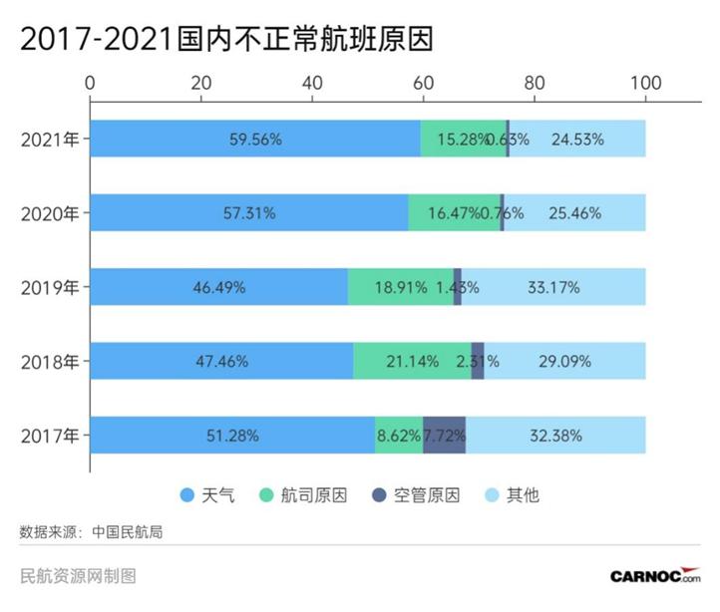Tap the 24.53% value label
[x=577, y=140]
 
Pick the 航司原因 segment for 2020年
[x=454, y=213]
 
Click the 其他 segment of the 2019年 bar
[x=553, y=287]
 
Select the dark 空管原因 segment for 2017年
[x=444, y=435]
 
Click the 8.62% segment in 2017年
[x=399, y=435]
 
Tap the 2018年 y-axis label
[x=50, y=361]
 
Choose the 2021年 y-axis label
[x=50, y=140]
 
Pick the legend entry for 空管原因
[x=417, y=495]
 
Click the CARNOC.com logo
[x=655, y=576]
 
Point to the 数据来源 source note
[x=91, y=531]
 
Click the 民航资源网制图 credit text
[x=78, y=576]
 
